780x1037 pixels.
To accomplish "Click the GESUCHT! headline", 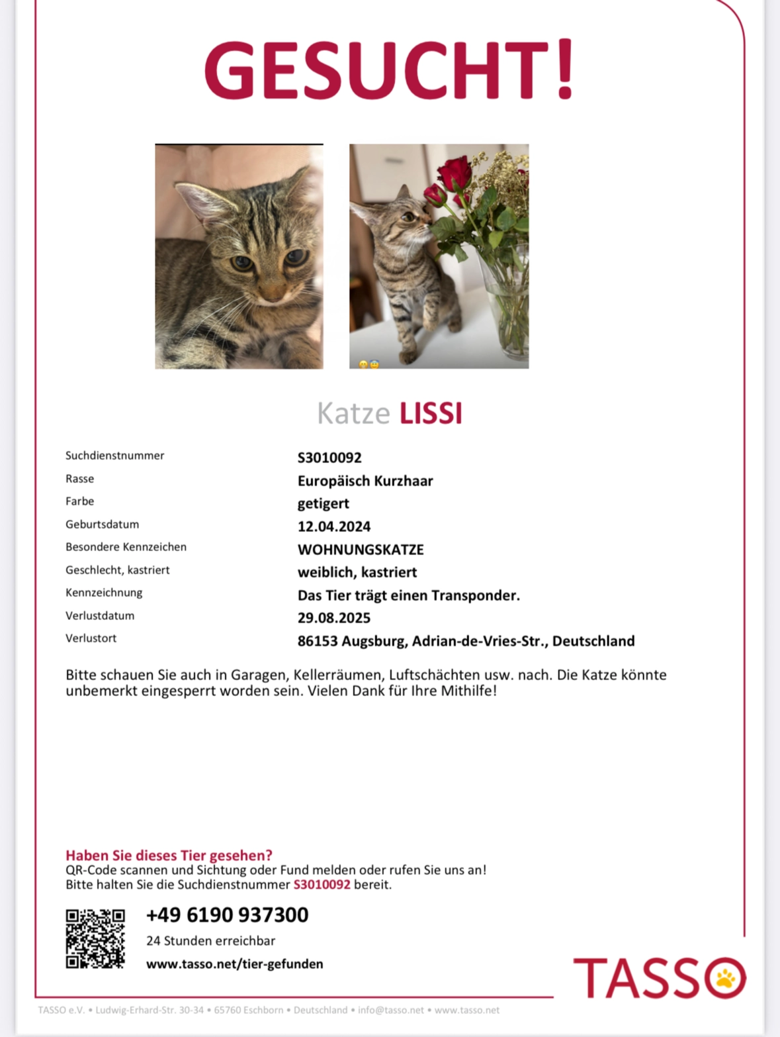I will tap(389, 70).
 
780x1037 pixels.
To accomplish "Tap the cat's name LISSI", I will tap(431, 413).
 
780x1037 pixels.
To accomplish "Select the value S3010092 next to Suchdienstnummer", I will tap(329, 458).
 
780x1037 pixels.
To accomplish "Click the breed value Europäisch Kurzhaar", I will tap(365, 481).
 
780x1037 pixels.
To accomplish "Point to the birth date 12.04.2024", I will tap(334, 526).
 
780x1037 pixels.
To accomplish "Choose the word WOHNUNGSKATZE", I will tap(361, 550).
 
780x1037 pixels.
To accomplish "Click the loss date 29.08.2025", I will tap(334, 618).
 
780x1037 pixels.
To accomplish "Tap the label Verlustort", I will tap(91, 638).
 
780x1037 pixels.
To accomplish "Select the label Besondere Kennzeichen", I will tap(126, 547).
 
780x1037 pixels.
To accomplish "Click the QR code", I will tap(95, 938).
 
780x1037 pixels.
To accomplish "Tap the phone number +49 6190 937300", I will tap(227, 915).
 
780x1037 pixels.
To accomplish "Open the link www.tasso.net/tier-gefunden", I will tap(235, 964).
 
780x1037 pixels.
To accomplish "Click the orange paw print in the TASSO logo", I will tap(725, 978).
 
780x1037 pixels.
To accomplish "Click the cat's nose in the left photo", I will tap(273, 291).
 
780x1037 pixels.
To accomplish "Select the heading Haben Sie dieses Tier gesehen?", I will tap(169, 856).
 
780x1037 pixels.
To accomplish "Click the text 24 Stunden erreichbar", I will tap(210, 941).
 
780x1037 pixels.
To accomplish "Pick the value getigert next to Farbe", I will tap(324, 503).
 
